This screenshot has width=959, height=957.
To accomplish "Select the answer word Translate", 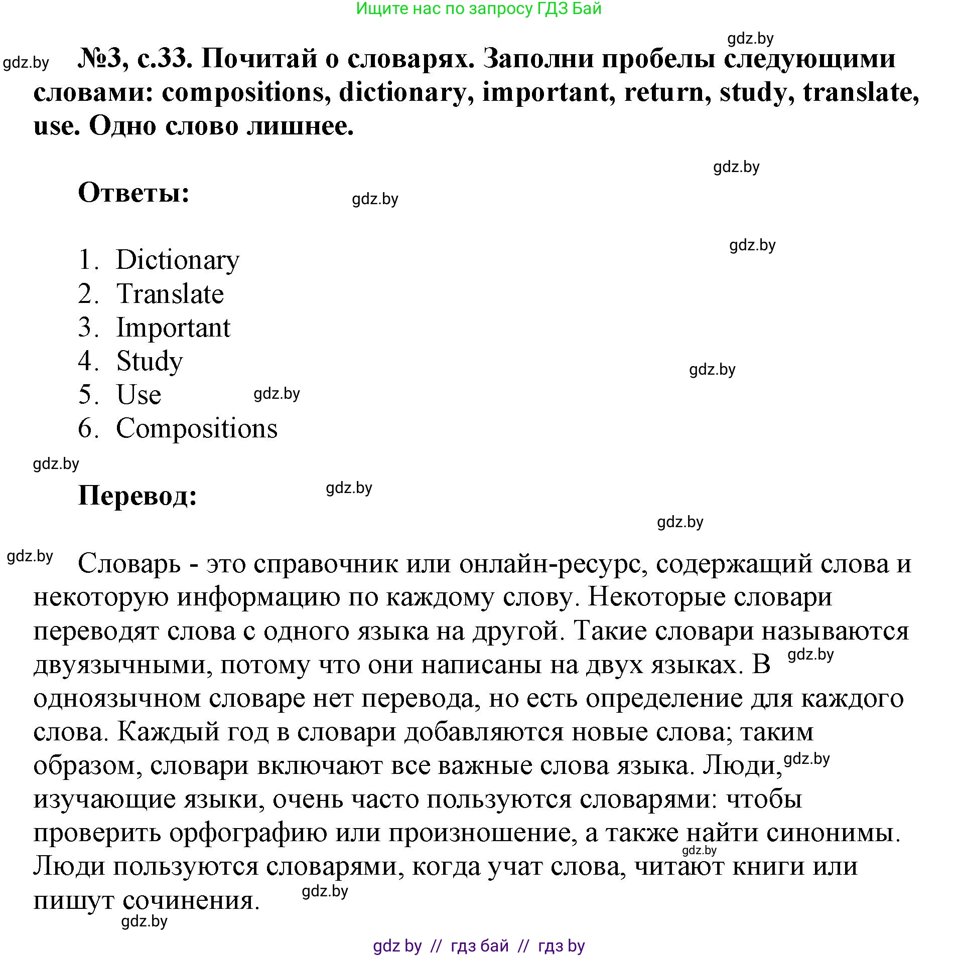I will click(170, 294).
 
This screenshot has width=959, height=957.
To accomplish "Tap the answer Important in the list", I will click(173, 328).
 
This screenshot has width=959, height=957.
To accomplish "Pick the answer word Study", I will click(150, 361).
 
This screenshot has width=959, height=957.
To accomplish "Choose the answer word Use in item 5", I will click(139, 395).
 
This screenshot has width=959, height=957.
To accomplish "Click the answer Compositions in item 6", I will click(197, 428).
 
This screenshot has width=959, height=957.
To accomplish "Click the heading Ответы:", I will click(134, 193).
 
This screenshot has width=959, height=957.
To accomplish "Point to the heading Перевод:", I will click(138, 496).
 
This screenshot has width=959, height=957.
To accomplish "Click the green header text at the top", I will click(478, 9).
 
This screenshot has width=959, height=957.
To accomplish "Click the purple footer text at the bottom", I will click(478, 945).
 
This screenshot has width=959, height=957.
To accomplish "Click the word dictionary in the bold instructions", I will click(402, 92).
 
